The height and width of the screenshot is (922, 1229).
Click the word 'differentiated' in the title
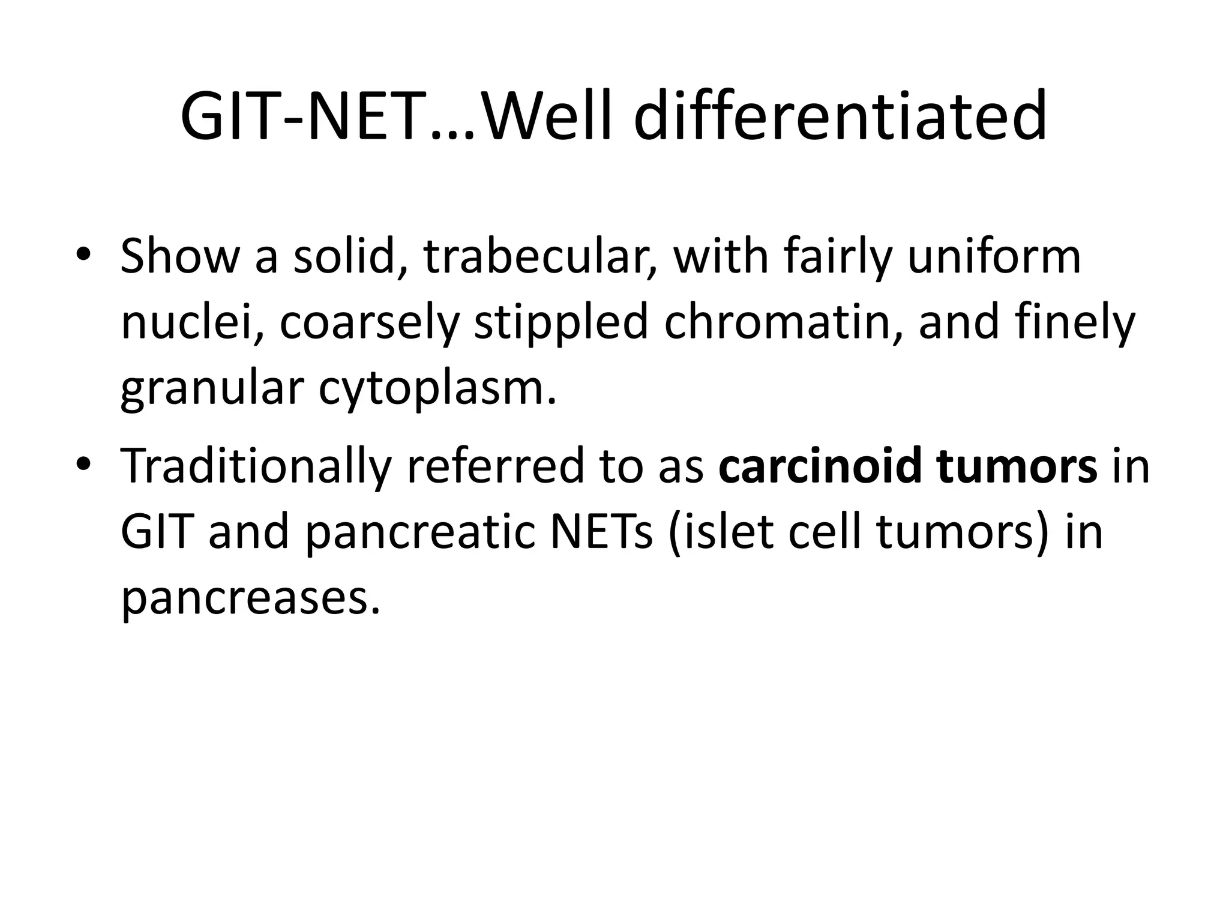[x=840, y=116]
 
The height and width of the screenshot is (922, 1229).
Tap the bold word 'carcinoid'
[x=819, y=466]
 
